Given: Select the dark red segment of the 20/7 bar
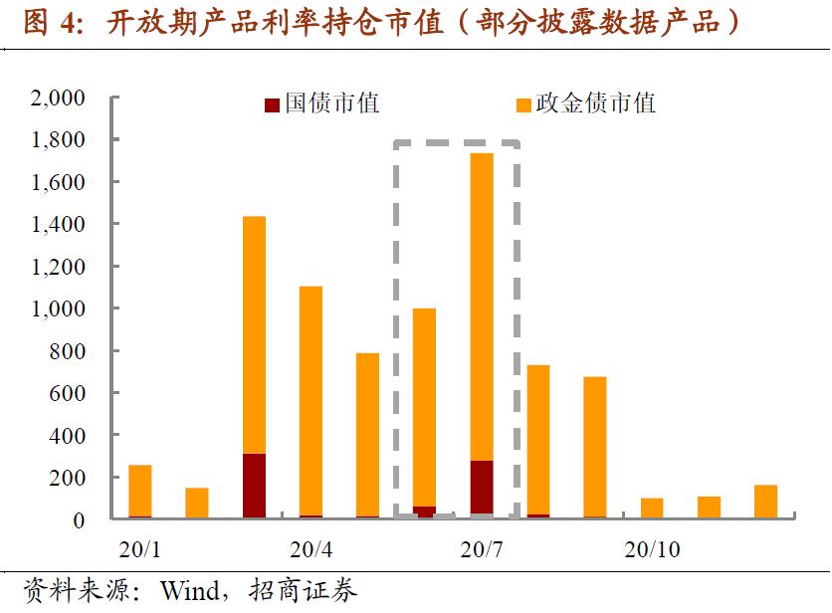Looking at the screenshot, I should coord(482,488).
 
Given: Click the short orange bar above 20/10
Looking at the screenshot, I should coord(652,508).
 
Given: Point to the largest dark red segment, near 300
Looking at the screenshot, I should coord(254,486).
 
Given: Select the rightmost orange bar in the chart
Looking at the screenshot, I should coord(765,502).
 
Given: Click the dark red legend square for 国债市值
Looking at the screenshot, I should coord(272,104).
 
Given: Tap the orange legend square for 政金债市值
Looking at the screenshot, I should coord(523,104).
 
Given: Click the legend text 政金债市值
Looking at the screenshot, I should coord(595,103).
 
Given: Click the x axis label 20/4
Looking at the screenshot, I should coord(312,549).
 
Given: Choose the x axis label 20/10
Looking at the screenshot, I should coord(652,549).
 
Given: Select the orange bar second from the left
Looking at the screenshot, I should coord(197,503).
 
